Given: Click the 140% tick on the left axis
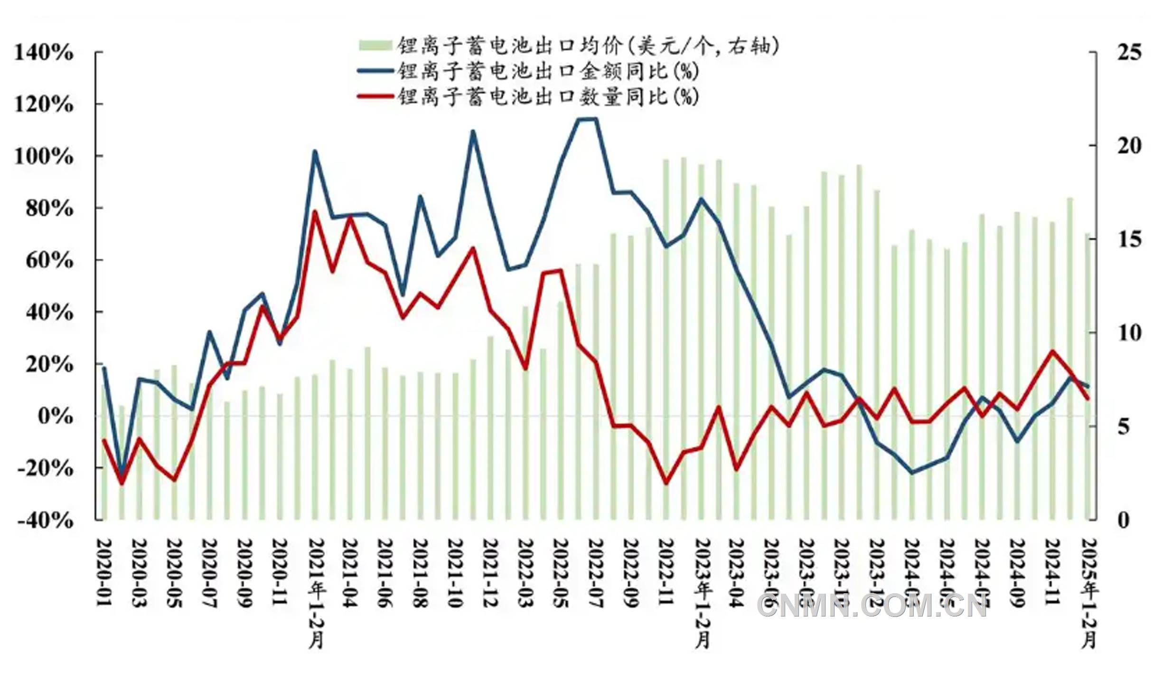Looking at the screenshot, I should pos(44,52).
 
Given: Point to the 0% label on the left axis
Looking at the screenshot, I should pos(56,416).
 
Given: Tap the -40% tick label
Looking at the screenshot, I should pos(45,521).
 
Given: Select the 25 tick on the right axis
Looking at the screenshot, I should pos(1129,52).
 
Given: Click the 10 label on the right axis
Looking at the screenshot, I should pos(1129,333).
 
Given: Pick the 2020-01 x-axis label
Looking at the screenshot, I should pos(104,572).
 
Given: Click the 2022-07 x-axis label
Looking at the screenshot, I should pos(596,572).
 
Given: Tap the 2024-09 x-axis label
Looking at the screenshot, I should pos(1017,572).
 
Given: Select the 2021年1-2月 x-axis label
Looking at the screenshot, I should pos(315,594).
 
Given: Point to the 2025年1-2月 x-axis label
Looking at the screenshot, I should pos(1088,594).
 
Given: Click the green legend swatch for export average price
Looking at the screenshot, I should pos(375,46).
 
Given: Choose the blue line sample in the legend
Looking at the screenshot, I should pos(375,71).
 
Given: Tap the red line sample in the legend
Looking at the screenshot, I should pos(375,96).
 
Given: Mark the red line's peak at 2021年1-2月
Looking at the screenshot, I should pos(315,211).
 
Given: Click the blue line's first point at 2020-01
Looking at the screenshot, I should pos(104,368).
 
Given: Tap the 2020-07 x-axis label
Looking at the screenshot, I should pos(209,572).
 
